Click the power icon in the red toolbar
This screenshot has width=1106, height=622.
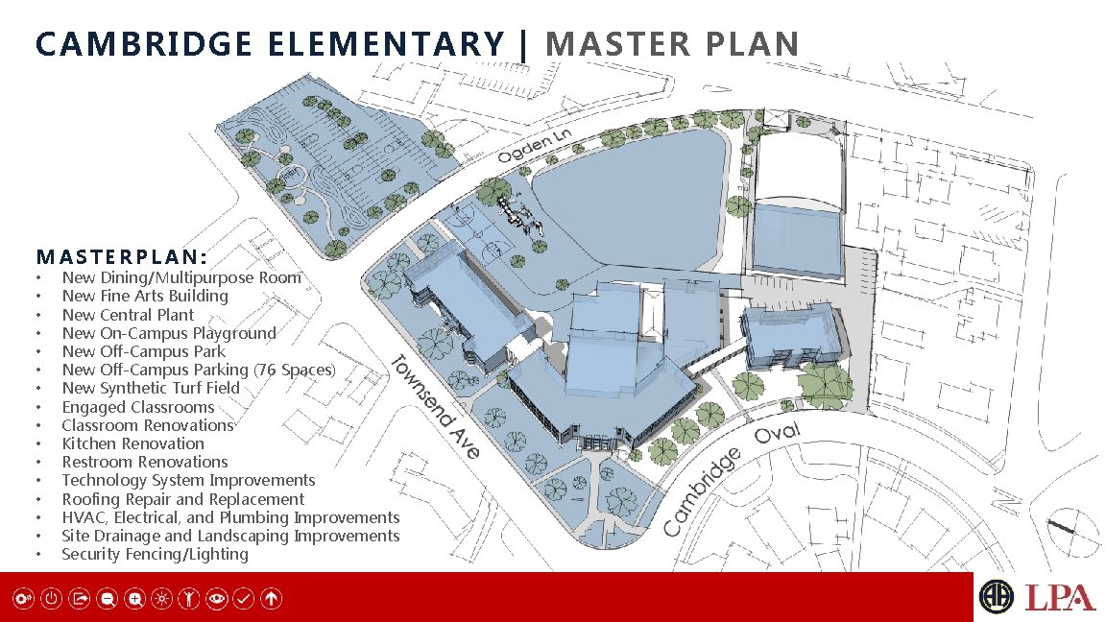point(51,599)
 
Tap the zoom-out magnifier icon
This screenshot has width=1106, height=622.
point(107,599)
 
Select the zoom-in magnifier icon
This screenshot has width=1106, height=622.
point(134,599)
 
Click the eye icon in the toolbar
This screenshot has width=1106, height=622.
point(217,599)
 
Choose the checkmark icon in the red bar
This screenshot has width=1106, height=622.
point(243,599)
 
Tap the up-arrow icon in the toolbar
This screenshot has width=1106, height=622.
point(272,599)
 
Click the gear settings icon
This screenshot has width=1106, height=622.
point(23,599)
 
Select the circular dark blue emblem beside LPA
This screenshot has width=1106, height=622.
point(996,597)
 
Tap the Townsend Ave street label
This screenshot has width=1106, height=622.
point(435,407)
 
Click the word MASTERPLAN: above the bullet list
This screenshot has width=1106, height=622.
point(121,256)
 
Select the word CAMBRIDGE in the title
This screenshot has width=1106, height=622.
point(144,44)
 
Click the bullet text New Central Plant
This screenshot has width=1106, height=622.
point(128,315)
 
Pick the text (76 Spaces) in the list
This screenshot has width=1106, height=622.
point(294,370)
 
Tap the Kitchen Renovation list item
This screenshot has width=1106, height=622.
point(132,443)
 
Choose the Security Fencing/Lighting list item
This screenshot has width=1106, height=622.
point(155,554)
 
